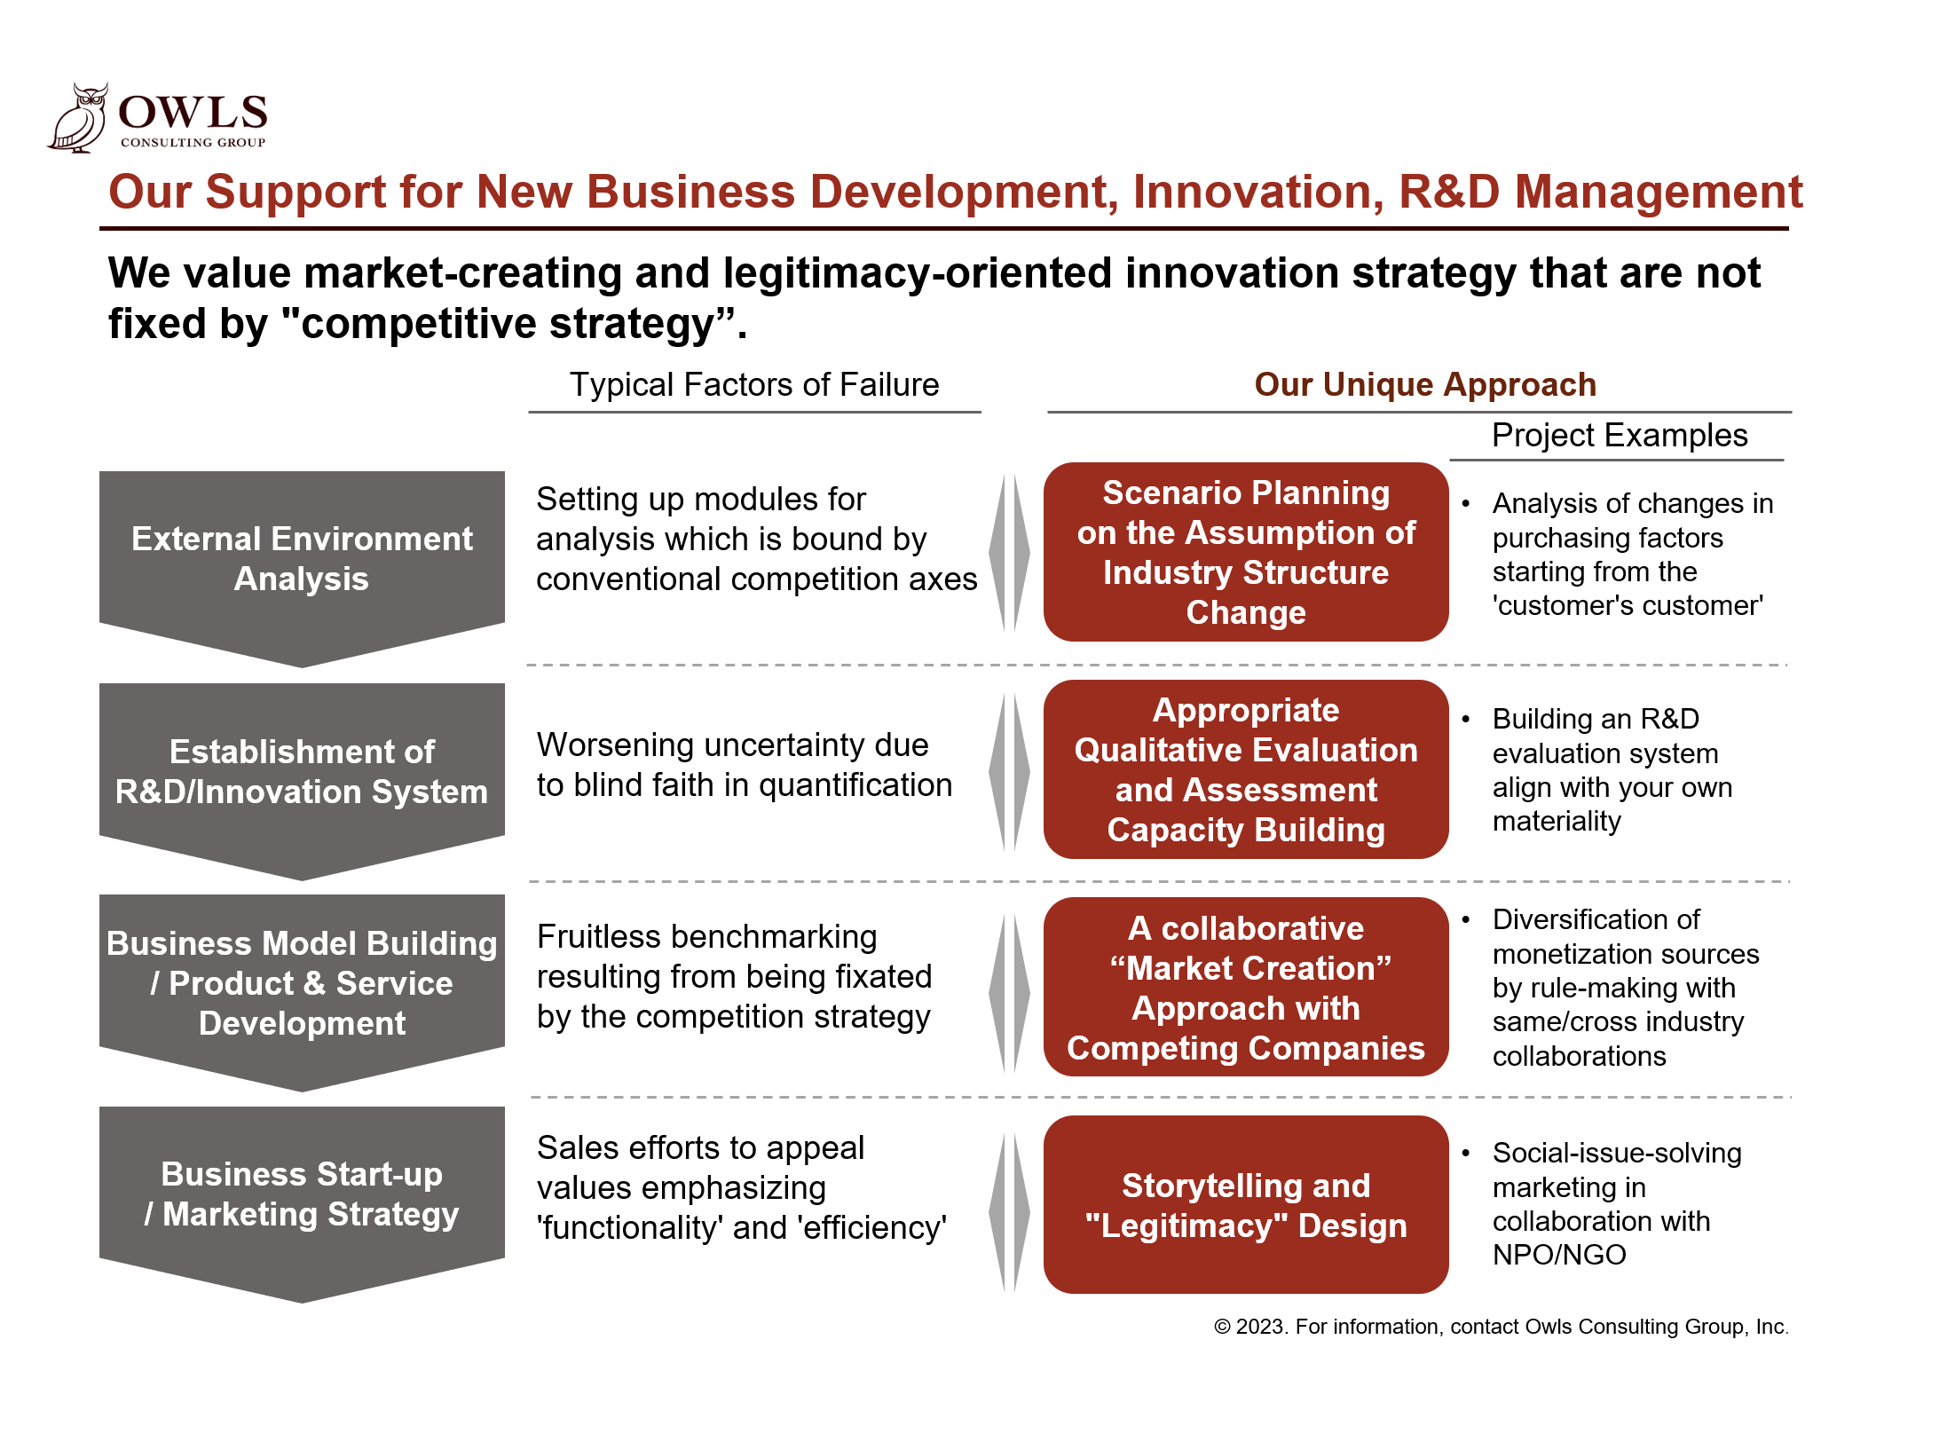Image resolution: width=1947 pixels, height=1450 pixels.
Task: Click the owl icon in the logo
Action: pos(78,118)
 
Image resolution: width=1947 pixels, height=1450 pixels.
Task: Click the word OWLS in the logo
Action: pos(193,113)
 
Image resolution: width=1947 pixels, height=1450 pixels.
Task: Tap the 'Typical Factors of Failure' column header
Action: pos(754,384)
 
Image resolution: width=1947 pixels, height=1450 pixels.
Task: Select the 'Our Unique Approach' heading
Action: pos(1425,384)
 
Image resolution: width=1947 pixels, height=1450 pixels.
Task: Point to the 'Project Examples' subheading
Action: pos(1620,435)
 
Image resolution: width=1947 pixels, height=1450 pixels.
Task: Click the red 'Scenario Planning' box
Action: pos(1246,552)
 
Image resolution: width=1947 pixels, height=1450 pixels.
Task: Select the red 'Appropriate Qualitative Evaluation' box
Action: pos(1246,769)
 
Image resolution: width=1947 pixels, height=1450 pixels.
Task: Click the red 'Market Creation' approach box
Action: pos(1246,987)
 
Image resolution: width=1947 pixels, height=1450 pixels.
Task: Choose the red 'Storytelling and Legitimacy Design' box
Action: pos(1246,1204)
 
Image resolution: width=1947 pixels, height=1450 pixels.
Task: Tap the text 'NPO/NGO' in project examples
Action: pos(1559,1255)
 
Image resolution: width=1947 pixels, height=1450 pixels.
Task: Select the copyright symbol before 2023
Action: pos(1222,1327)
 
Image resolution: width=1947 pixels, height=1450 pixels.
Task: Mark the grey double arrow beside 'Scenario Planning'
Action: pos(1010,552)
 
